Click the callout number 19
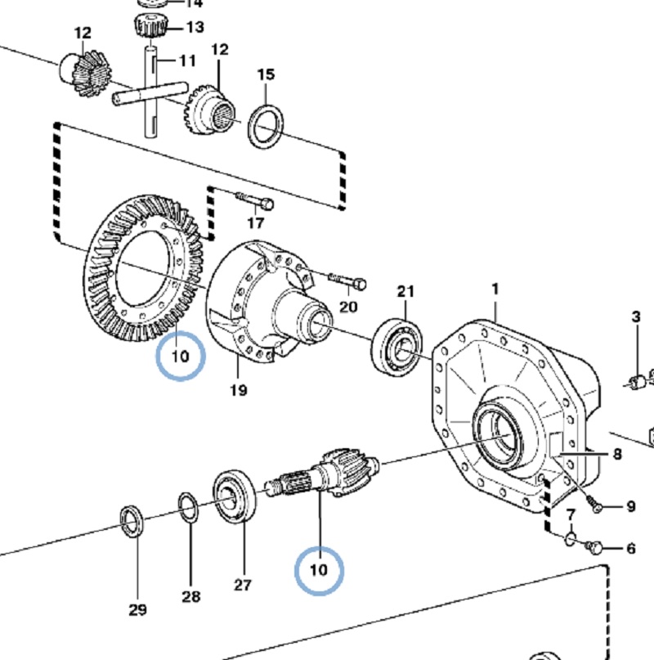[238, 390]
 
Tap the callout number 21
[405, 291]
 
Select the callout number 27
[243, 585]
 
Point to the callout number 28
[191, 596]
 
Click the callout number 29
[137, 609]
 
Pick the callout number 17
[255, 222]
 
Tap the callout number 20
[348, 307]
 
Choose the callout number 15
[266, 74]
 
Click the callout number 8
[617, 454]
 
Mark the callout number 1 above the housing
[495, 290]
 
